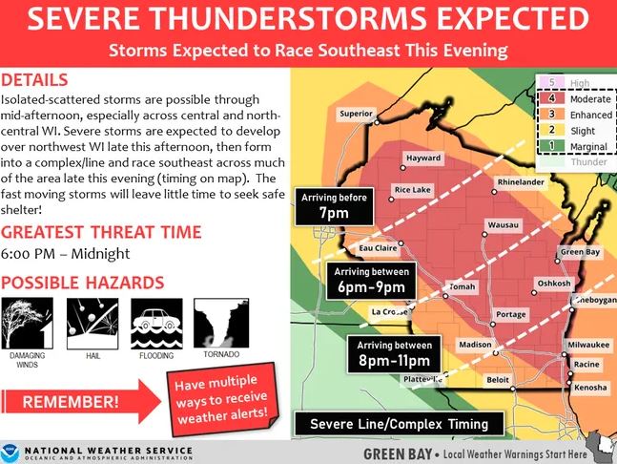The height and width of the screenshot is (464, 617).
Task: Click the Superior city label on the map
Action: (x=356, y=114)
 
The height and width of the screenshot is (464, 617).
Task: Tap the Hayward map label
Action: (x=423, y=158)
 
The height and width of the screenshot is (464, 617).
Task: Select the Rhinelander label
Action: (x=521, y=182)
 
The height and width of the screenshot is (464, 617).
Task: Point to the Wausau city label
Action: (x=503, y=225)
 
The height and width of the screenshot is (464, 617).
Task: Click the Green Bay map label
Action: (x=580, y=252)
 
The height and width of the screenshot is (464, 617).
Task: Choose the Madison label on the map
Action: (x=475, y=345)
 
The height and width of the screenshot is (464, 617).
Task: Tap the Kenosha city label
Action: (x=590, y=388)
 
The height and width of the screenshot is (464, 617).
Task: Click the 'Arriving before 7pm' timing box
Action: (x=334, y=206)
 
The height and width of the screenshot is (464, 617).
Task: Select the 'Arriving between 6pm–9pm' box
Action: (x=371, y=281)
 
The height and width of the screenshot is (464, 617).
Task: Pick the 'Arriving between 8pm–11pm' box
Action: (x=394, y=354)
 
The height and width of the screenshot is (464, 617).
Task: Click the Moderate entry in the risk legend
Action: (x=576, y=99)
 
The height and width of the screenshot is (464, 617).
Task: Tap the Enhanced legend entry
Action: (x=576, y=115)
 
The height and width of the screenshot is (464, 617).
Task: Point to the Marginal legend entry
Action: (x=575, y=146)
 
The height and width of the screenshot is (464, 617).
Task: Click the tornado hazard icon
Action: (x=221, y=323)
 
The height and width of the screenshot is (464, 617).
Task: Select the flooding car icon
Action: (x=156, y=324)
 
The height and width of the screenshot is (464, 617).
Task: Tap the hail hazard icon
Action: (x=93, y=324)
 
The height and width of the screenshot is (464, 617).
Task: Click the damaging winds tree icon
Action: (x=27, y=323)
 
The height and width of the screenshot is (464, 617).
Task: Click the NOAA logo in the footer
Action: (x=10, y=453)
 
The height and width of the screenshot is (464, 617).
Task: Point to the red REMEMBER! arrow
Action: (x=81, y=402)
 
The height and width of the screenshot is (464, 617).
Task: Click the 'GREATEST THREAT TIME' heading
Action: (x=101, y=232)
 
